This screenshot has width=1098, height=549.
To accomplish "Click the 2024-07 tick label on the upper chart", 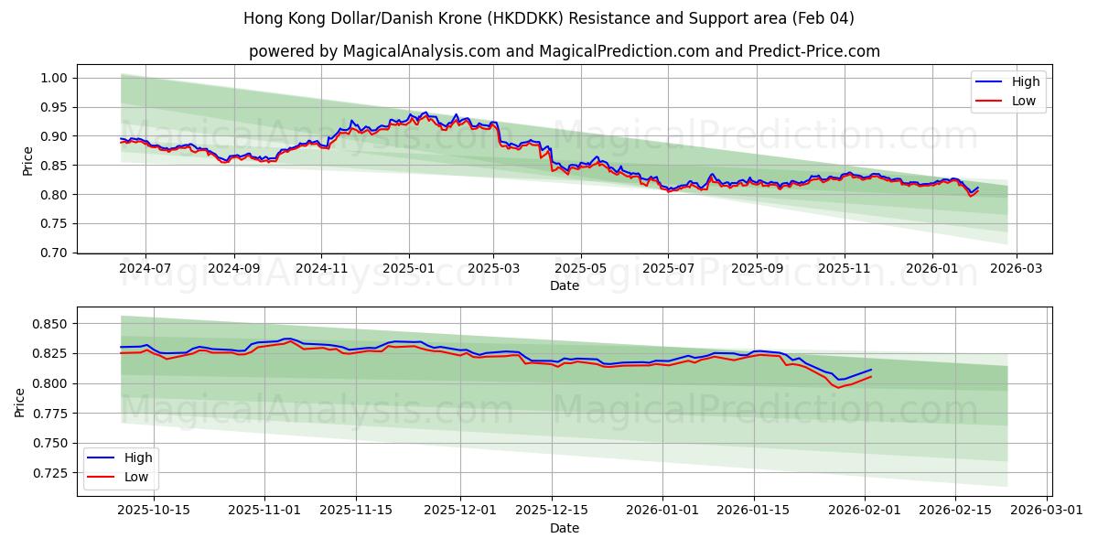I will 145,269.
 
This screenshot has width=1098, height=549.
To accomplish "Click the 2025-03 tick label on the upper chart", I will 494,269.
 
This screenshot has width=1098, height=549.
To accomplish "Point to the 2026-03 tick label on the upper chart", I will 1017,269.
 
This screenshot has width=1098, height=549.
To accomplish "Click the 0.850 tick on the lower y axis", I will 50,324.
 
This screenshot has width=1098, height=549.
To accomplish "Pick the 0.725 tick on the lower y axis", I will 50,473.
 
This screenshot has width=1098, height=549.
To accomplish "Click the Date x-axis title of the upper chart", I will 565,285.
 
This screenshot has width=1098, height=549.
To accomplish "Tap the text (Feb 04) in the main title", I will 823,18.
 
